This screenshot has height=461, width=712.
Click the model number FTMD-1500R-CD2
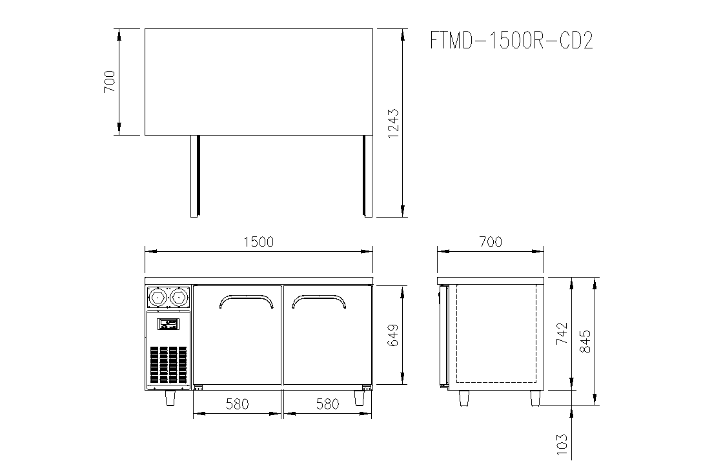pos(511,41)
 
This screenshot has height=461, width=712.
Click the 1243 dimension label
pos(393,123)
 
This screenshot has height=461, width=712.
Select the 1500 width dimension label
pos(258,241)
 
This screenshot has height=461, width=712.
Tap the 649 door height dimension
pos(392,335)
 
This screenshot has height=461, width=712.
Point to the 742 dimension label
pos(562,333)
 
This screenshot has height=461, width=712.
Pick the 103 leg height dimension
pos(562,444)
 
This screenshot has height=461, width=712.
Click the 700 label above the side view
pos(491,241)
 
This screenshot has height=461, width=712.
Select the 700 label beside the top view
pos(110,82)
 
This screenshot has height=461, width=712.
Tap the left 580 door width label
pos(237,404)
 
